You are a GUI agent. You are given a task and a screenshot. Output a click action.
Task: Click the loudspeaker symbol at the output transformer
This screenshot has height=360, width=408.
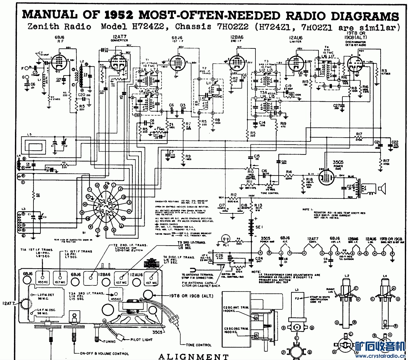click(x=381, y=188)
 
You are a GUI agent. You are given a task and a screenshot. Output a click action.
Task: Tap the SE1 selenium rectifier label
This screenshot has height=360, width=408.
click(x=259, y=227)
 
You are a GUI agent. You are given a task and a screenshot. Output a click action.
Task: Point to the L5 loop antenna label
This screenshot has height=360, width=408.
click(x=29, y=135)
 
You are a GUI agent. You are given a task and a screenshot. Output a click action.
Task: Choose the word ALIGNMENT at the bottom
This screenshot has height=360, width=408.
click(x=194, y=356)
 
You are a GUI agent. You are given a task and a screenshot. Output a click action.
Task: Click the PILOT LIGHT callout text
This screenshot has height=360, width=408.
click(x=141, y=340)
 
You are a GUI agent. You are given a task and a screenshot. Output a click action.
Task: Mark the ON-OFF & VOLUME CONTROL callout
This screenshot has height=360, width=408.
click(x=104, y=353)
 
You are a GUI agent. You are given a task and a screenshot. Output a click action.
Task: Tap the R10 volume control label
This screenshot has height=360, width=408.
click(x=251, y=172)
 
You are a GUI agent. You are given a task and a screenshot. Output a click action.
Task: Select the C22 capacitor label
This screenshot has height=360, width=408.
click(x=395, y=142)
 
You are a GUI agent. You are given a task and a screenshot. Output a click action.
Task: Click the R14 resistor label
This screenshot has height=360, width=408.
click(x=289, y=172)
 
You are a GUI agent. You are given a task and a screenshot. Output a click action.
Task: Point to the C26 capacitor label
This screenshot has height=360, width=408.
click(x=219, y=256)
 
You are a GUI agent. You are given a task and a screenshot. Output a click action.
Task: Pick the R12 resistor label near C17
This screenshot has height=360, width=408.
click(x=234, y=195)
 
